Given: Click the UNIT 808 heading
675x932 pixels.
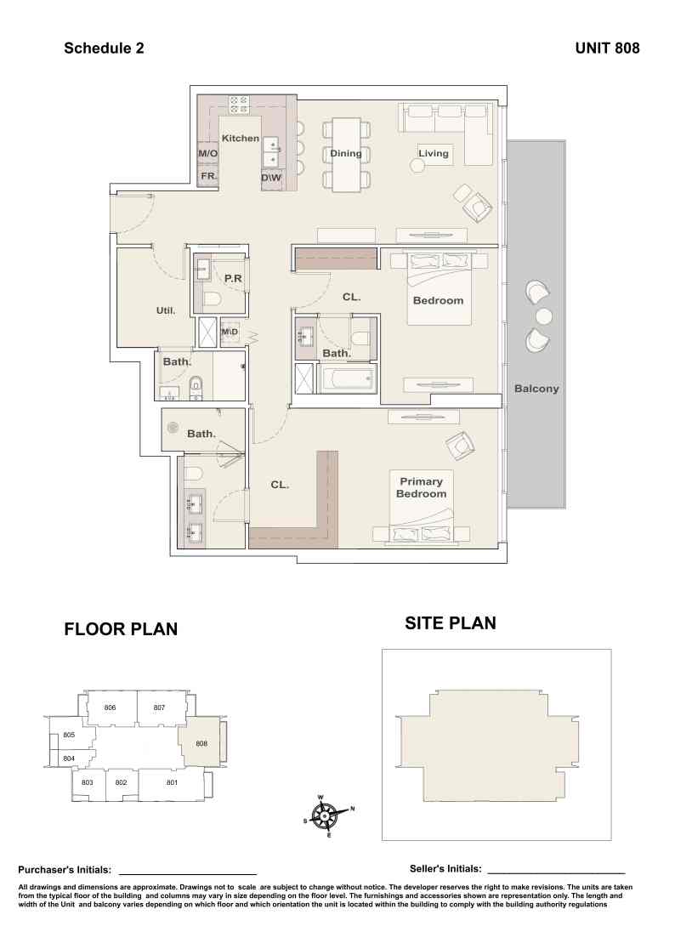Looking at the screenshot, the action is tap(607, 48).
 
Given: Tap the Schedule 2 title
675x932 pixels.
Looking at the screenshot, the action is tap(104, 48).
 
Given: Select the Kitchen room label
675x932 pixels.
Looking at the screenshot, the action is tap(241, 138).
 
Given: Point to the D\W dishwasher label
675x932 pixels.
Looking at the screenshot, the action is tap(271, 178).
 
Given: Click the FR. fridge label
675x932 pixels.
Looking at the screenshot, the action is tap(208, 176).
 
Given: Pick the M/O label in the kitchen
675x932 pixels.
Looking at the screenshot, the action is tap(208, 153).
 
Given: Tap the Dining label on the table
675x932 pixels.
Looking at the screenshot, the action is tap(346, 153).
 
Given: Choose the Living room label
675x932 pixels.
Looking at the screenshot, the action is tap(434, 153).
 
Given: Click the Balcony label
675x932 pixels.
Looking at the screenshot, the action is tap(536, 389).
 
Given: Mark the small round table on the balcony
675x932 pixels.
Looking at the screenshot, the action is tap(543, 315).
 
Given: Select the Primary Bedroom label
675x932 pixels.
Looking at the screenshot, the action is tap(422, 487).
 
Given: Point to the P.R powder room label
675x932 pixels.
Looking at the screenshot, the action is tap(233, 278).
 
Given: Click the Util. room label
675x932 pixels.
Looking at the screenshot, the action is tap(166, 310).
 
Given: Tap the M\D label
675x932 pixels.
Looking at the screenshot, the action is tap(230, 332).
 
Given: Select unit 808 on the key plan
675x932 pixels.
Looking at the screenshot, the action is tap(201, 743).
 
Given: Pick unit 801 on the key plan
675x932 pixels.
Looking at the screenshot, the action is tap(172, 783).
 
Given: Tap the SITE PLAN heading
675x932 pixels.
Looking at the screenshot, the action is tap(451, 623).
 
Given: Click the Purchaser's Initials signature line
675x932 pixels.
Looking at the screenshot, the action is tap(188, 874).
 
